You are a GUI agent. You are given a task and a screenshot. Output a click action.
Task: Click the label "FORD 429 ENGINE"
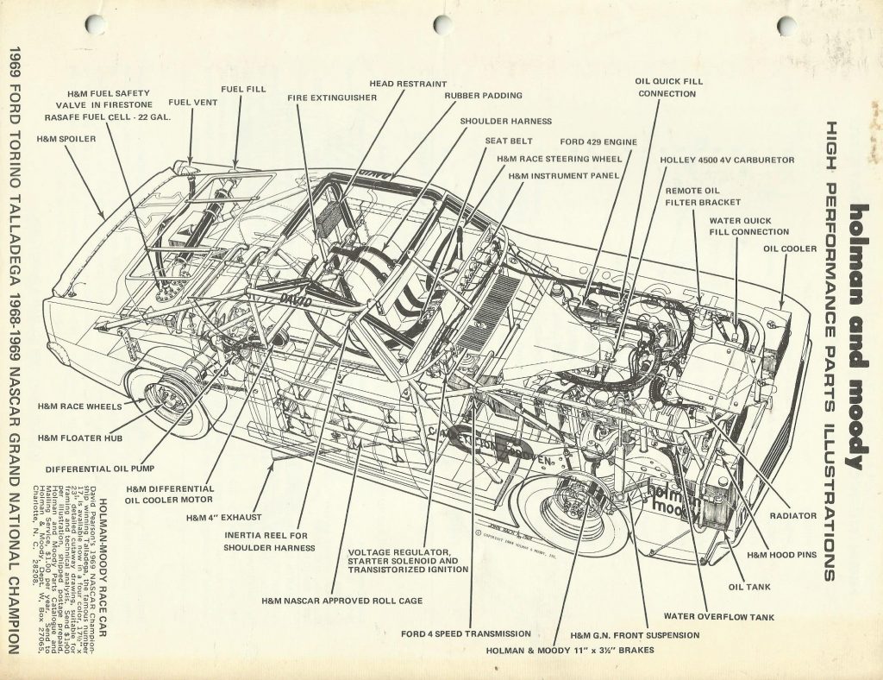pyautogui.click(x=598, y=142)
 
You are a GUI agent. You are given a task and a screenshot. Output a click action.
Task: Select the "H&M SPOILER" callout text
pyautogui.click(x=66, y=138)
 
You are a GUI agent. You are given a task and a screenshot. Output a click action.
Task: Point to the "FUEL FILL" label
pyautogui.click(x=243, y=88)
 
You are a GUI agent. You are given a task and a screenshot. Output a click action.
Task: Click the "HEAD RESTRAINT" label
pyautogui.click(x=408, y=84)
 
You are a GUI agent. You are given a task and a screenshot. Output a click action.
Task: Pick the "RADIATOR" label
pyautogui.click(x=793, y=515)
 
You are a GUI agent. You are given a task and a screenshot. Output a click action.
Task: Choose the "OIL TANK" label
pyautogui.click(x=749, y=587)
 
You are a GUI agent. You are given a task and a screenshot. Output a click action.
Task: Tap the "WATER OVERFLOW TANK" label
pyautogui.click(x=718, y=617)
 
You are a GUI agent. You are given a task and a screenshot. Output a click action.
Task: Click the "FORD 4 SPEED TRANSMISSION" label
pyautogui.click(x=466, y=634)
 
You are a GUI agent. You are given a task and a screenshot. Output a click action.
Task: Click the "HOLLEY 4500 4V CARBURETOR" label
pyautogui.click(x=727, y=160)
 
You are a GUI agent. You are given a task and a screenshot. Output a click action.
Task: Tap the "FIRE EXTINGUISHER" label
pyautogui.click(x=332, y=98)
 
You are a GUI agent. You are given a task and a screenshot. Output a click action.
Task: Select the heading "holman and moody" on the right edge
pyautogui.click(x=857, y=337)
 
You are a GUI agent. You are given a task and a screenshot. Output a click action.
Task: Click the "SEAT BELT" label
pyautogui.click(x=508, y=141)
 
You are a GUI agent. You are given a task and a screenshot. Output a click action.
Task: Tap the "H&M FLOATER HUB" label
pyautogui.click(x=80, y=438)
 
